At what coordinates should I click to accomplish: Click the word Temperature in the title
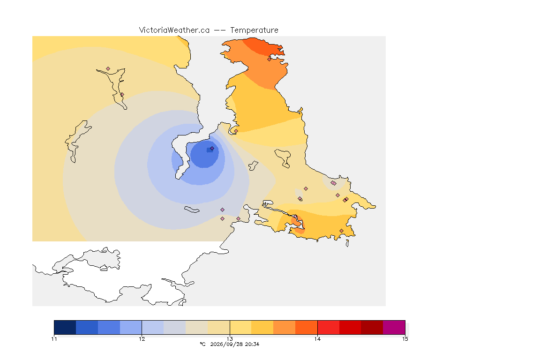[x=254, y=30]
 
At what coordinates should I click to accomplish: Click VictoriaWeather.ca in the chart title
[x=174, y=30]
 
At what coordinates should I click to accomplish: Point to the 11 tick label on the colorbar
[x=54, y=339]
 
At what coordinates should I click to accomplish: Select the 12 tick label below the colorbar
[x=142, y=339]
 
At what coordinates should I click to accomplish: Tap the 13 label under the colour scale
[x=230, y=339]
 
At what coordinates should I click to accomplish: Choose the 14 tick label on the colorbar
[x=317, y=339]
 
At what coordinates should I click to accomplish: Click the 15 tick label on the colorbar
[x=405, y=339]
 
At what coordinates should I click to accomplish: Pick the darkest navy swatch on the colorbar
[x=65, y=327]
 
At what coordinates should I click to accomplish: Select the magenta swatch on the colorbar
[x=394, y=327]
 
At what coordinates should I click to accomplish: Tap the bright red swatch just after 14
[x=328, y=327]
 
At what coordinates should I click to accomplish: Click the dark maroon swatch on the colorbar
[x=372, y=327]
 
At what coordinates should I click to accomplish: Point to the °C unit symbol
[x=203, y=344]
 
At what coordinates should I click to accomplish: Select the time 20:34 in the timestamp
[x=252, y=344]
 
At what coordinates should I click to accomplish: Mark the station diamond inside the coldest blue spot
[x=212, y=149]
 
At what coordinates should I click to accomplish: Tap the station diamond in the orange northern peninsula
[x=270, y=59]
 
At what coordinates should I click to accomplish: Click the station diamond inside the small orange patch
[x=295, y=217]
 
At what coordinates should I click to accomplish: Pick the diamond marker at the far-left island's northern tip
[x=108, y=69]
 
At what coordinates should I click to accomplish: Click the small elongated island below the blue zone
[x=192, y=210]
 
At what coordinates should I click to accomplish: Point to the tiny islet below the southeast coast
[x=347, y=243]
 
